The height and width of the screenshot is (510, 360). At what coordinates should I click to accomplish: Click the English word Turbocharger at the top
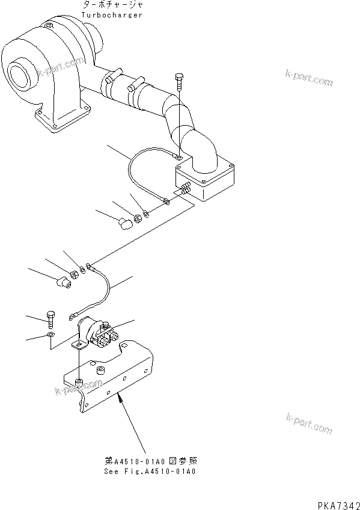111,15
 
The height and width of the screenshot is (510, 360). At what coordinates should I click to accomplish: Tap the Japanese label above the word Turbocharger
113,5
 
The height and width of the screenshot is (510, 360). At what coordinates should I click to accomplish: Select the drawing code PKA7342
338,505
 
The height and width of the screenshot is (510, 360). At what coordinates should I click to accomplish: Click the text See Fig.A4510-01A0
150,472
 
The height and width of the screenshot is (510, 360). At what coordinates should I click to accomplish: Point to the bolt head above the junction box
179,78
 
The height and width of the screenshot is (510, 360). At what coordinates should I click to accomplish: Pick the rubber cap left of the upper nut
125,224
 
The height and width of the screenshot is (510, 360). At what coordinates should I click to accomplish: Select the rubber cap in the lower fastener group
64,282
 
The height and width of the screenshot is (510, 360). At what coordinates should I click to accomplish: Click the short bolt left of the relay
50,320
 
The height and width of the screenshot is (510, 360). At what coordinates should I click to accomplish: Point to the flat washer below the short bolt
50,334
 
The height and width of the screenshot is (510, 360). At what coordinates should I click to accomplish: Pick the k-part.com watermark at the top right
309,78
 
